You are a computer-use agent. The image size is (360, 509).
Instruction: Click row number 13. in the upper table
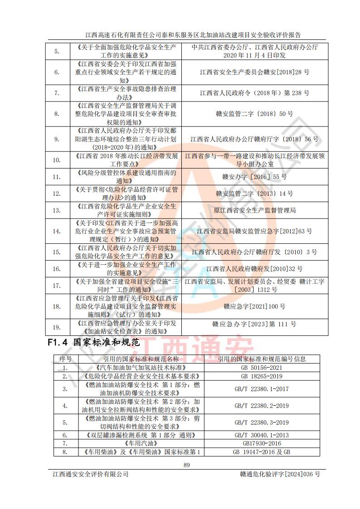[x=57, y=210]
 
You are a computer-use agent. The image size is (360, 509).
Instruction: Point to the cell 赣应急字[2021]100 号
[x=254, y=306]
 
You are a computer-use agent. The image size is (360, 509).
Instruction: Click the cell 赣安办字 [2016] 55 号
[x=254, y=177]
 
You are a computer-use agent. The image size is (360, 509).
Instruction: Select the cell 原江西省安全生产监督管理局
[x=254, y=210]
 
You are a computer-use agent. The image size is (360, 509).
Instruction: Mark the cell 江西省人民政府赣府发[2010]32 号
[x=254, y=269]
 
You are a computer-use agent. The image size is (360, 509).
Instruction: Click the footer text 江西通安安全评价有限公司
[x=90, y=474]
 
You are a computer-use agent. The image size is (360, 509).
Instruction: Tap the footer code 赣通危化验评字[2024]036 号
[x=280, y=474]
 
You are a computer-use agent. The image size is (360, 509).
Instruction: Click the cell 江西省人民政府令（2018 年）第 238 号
[x=254, y=93]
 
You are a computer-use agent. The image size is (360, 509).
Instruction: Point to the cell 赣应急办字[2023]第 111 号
[x=254, y=324]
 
